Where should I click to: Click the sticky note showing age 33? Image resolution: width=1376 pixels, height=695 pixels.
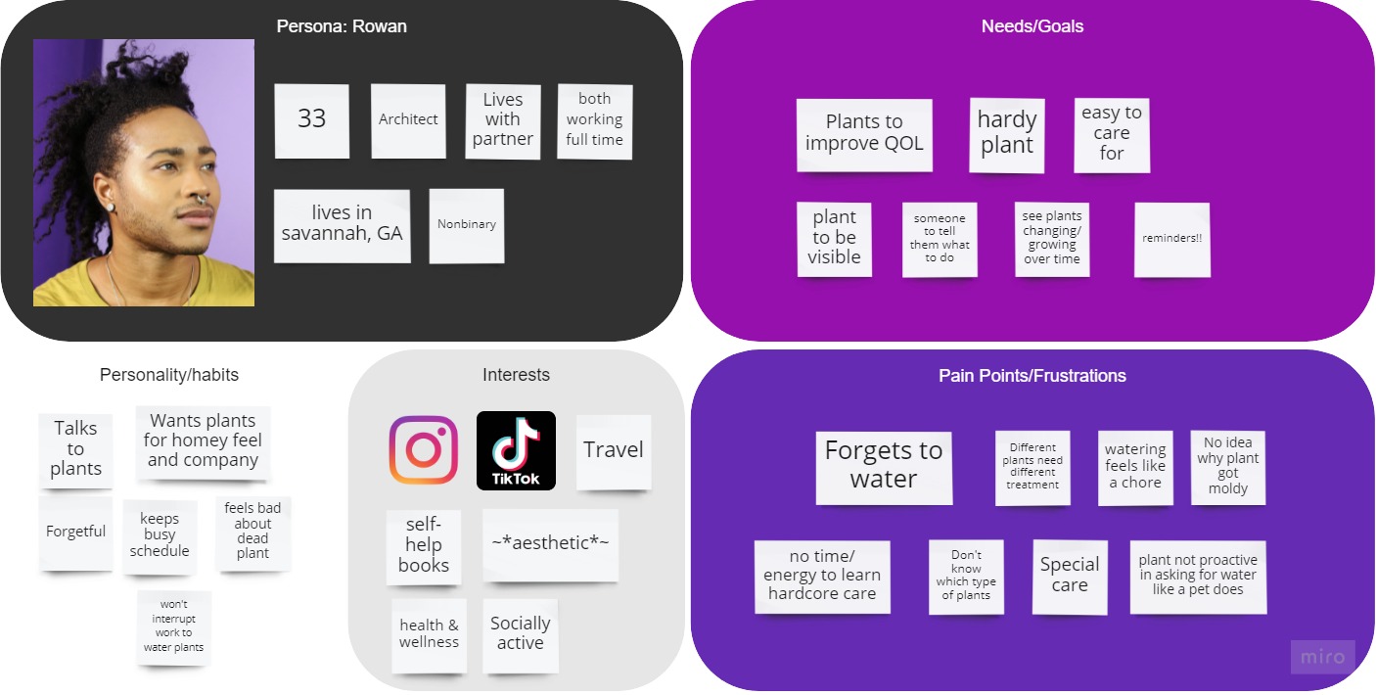311,119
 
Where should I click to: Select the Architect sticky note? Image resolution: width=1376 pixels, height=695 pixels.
408,119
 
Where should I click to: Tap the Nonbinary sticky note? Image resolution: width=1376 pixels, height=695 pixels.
466,224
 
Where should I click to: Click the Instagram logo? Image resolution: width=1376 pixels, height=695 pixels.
424,450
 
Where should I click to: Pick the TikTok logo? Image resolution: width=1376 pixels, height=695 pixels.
516,450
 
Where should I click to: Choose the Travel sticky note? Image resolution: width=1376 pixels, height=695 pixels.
613,450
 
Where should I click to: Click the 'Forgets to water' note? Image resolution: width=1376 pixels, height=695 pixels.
883,465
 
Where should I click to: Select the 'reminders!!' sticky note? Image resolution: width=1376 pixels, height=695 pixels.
1171,239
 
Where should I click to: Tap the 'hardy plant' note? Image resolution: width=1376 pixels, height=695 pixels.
1006,133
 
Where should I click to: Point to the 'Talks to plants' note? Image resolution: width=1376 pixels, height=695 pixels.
75,448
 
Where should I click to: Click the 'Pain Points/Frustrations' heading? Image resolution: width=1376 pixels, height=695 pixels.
1032,376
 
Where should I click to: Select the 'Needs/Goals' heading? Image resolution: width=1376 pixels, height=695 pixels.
1032,26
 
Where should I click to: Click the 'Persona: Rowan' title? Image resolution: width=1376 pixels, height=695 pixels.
342,26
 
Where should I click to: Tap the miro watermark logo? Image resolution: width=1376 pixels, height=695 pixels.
1322,657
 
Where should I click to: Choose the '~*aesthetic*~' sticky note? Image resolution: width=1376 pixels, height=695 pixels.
550,543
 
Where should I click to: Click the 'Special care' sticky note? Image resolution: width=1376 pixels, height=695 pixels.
1070,576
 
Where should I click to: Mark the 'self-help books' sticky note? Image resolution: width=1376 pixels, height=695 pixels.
424,545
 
